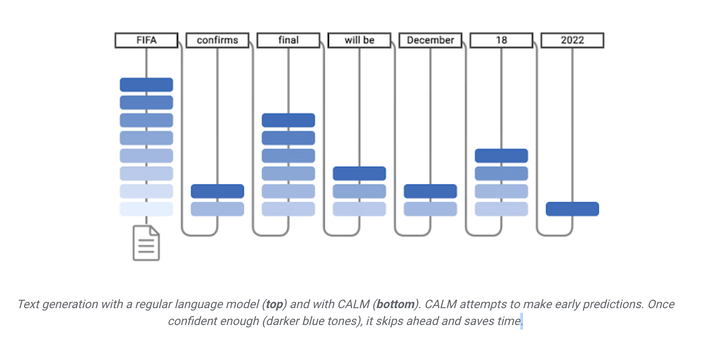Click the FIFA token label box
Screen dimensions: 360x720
pyautogui.click(x=146, y=41)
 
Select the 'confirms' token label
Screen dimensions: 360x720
pyautogui.click(x=217, y=41)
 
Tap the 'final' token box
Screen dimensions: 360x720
pyautogui.click(x=288, y=41)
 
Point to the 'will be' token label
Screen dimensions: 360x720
pyautogui.click(x=359, y=41)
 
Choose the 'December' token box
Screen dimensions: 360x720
pyautogui.click(x=430, y=41)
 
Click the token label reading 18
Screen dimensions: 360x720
pyautogui.click(x=501, y=41)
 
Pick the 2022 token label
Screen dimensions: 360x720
pyautogui.click(x=572, y=41)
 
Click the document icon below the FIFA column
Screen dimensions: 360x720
pyautogui.click(x=146, y=243)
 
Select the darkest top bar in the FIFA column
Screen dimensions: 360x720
pyautogui.click(x=146, y=85)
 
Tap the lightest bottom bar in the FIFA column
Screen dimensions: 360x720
pyautogui.click(x=146, y=209)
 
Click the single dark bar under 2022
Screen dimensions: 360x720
pyautogui.click(x=572, y=209)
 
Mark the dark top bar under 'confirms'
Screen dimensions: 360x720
pyautogui.click(x=217, y=191)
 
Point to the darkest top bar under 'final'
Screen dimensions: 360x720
pyautogui.click(x=288, y=120)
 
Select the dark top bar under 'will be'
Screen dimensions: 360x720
pyautogui.click(x=359, y=173)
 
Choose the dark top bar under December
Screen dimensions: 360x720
pyautogui.click(x=430, y=191)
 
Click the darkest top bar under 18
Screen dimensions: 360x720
pyautogui.click(x=501, y=156)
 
